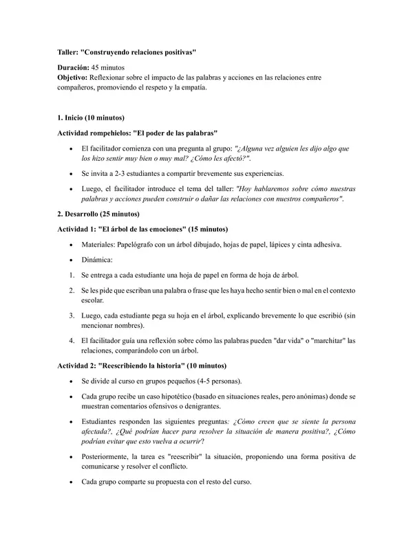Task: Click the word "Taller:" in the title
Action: click(x=67, y=52)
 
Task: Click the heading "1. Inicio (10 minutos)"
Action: click(x=90, y=118)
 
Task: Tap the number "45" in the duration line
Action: click(x=97, y=69)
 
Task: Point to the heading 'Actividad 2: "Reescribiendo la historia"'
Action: click(x=141, y=366)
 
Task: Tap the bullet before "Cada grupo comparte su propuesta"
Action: click(x=72, y=482)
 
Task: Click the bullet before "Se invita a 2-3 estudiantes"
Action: click(x=72, y=174)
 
